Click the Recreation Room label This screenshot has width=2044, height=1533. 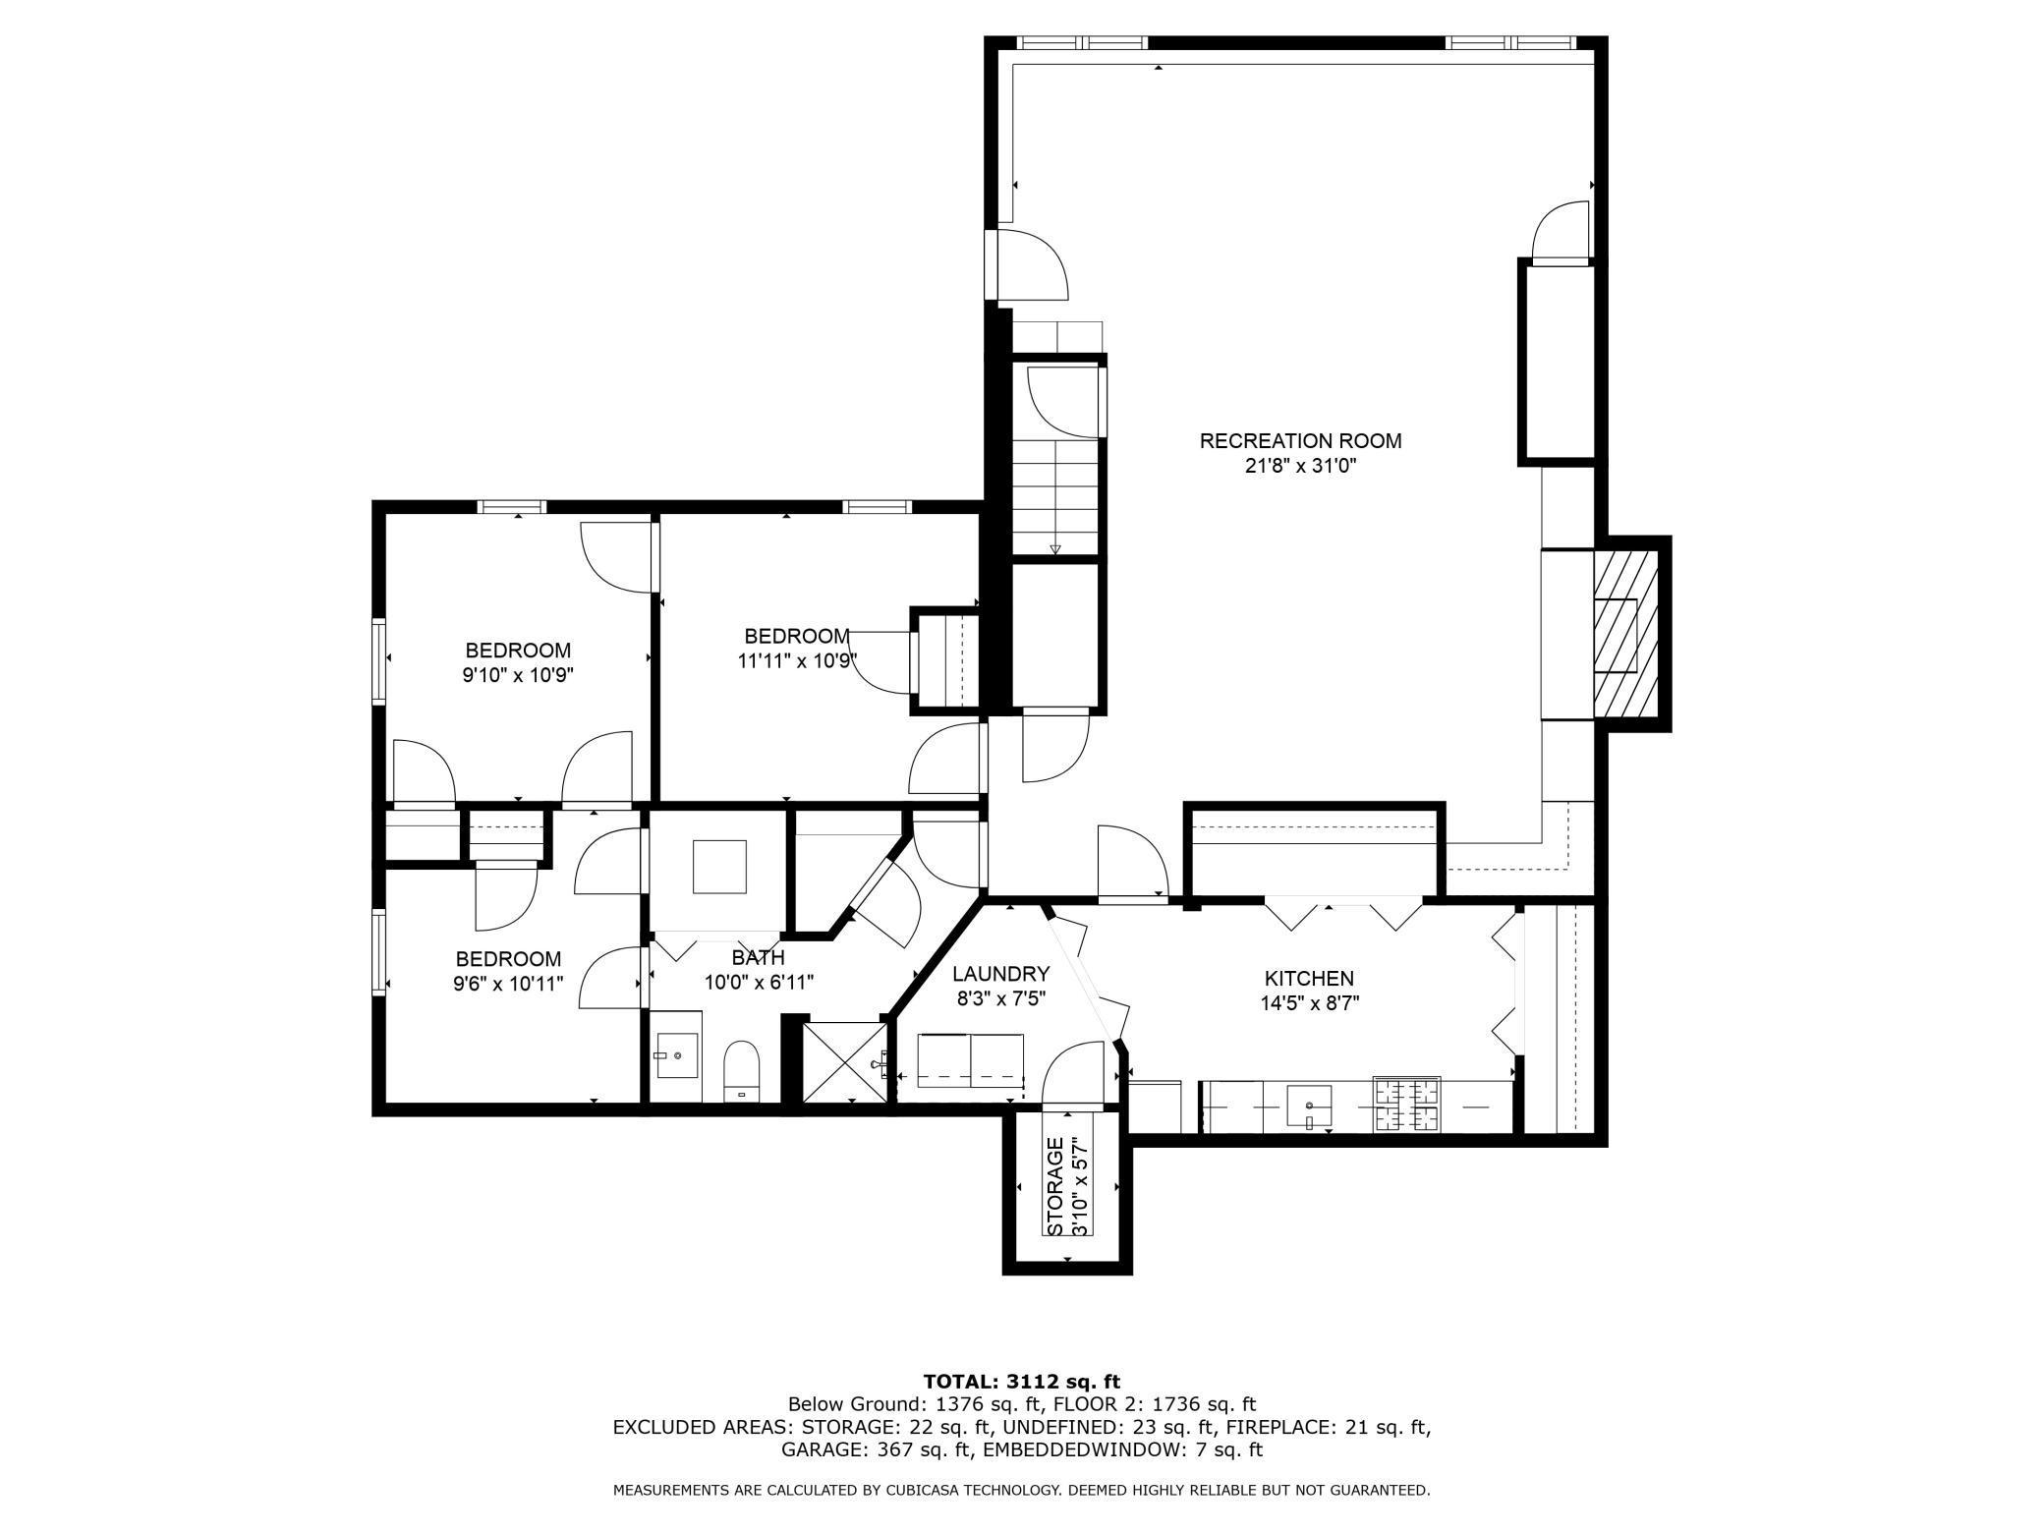1300,441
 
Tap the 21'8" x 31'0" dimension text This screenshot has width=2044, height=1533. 1300,467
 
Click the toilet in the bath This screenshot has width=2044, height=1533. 742,1072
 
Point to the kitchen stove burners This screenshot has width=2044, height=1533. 1406,1104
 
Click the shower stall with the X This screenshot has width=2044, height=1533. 844,1062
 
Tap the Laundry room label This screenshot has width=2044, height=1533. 1000,974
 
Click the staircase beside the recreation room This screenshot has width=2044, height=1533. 1055,496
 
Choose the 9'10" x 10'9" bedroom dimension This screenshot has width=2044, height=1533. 518,676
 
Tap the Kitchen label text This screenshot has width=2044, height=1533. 1308,978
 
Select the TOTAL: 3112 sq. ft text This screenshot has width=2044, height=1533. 1021,1382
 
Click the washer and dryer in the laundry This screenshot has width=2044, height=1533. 970,1061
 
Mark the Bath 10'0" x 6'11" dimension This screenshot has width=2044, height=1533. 759,982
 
